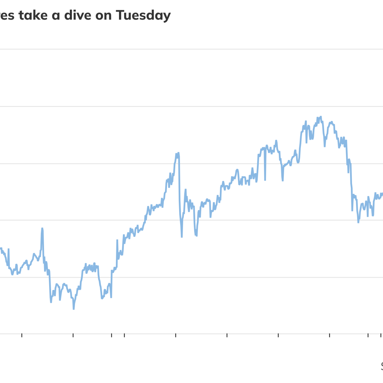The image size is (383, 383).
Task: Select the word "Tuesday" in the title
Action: coord(143,16)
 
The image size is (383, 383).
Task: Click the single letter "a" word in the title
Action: coord(56,16)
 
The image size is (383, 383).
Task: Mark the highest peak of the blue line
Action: coord(320,117)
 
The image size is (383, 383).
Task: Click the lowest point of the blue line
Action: coord(73,309)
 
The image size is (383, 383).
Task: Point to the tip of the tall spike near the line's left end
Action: coord(42,228)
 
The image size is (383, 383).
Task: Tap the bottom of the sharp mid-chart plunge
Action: coord(182,237)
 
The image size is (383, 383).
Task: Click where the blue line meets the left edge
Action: coord(1,248)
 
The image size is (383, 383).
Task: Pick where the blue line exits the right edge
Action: coord(382,193)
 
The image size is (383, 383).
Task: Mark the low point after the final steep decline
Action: coord(358,222)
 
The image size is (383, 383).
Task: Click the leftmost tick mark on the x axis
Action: coord(22,335)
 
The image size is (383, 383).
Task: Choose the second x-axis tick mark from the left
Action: coord(73,335)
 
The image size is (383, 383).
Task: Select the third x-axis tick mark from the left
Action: coord(111,335)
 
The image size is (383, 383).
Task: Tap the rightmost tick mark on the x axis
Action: coord(380,335)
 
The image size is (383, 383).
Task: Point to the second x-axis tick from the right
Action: coord(368,335)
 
